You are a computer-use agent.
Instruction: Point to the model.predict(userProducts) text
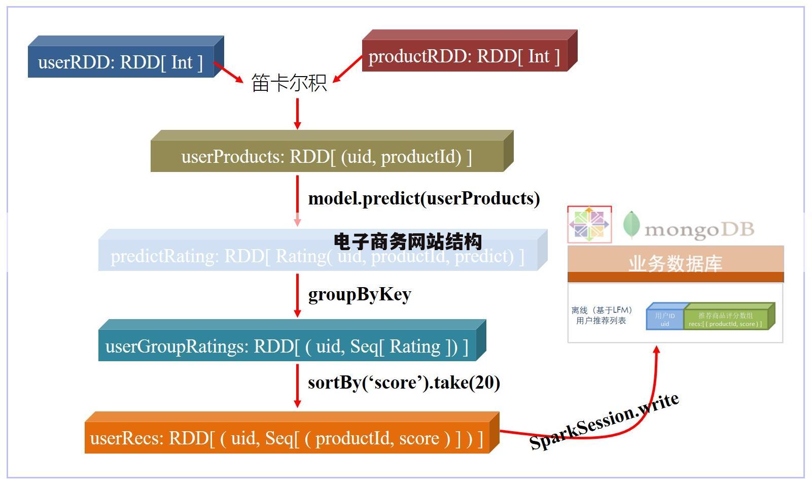point(424,198)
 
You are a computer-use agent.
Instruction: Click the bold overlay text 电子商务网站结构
point(408,241)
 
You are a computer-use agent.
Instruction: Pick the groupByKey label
point(360,294)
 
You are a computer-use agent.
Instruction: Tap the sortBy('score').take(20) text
point(404,383)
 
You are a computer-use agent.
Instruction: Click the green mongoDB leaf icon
point(631,225)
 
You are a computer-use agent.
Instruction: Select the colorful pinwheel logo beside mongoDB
point(589,224)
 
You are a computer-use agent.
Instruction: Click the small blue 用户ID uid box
point(664,319)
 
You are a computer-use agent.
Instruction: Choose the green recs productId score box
point(725,319)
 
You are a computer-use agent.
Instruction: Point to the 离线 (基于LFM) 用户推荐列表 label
point(602,316)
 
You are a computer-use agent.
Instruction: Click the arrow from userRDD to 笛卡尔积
point(229,73)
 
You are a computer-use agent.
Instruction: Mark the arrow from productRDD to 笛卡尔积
point(348,68)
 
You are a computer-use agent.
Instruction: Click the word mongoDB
point(699,230)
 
